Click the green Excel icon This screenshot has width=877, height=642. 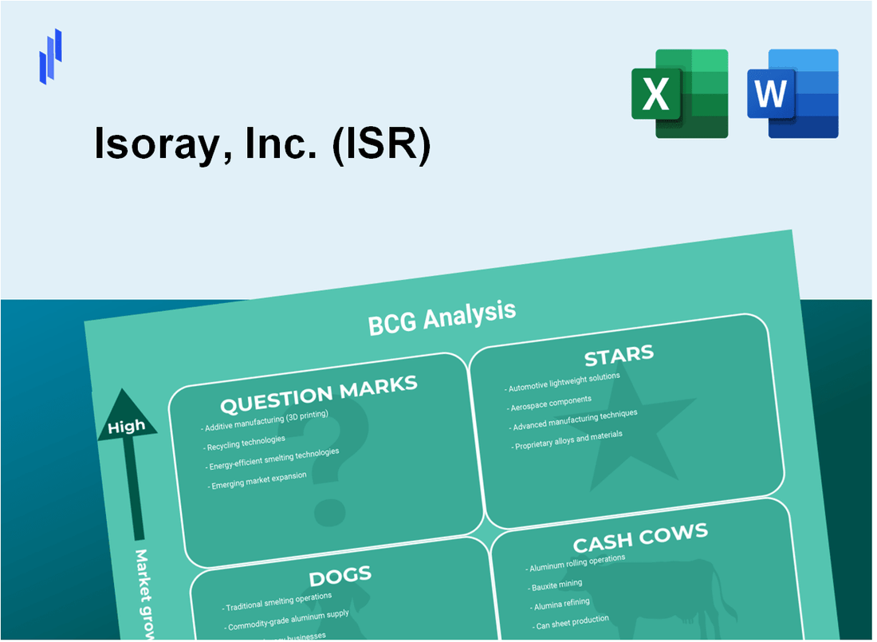click(679, 93)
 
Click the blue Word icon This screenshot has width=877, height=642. click(793, 93)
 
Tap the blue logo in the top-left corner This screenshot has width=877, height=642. click(50, 56)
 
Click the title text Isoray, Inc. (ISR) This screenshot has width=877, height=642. click(262, 146)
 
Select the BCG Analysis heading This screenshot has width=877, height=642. click(442, 317)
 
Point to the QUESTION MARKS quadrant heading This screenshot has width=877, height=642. click(318, 394)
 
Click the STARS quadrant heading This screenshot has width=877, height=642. click(619, 355)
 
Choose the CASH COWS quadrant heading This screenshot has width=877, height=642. click(639, 538)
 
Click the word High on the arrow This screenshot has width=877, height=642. click(127, 426)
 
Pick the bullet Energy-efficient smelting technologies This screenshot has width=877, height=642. click(273, 459)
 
